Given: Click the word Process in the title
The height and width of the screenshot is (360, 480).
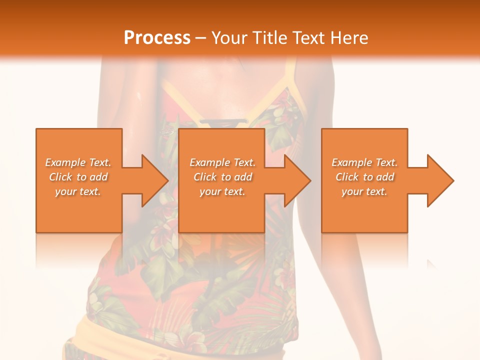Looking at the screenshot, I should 157,37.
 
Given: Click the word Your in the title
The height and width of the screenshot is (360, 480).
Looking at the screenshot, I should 229,37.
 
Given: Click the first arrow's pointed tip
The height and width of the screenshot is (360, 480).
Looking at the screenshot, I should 167,180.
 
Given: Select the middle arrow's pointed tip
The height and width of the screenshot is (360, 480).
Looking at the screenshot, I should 310,180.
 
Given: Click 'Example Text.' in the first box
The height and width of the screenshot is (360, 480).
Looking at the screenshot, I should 78,162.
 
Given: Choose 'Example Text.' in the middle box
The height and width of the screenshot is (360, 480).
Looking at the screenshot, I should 222,162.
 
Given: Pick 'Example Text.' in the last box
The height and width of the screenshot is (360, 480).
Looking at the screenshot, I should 364,162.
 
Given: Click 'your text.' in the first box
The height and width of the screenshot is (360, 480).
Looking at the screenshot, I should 78,191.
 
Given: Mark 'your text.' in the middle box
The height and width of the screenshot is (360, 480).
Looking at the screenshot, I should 222,191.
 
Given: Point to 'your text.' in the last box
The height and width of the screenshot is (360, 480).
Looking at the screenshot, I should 364,191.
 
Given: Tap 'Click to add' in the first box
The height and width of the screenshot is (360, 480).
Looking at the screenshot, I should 78,177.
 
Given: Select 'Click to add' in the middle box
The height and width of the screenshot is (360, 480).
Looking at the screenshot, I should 222,177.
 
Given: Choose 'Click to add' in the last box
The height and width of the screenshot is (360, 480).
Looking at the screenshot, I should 364,177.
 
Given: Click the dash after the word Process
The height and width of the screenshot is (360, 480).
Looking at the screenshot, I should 201,38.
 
